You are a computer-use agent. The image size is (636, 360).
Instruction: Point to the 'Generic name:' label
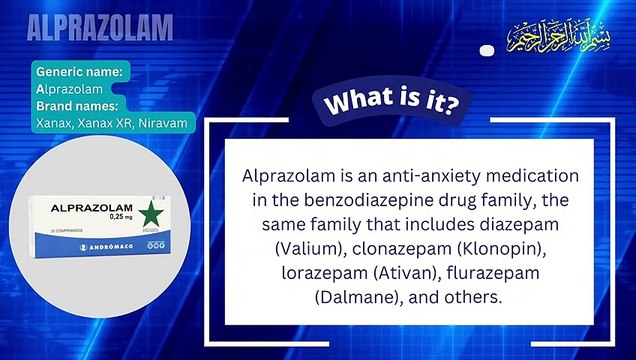(x=80, y=72)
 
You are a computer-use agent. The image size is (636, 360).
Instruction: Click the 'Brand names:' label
(x=78, y=105)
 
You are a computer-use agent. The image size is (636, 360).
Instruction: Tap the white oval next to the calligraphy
(x=487, y=50)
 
